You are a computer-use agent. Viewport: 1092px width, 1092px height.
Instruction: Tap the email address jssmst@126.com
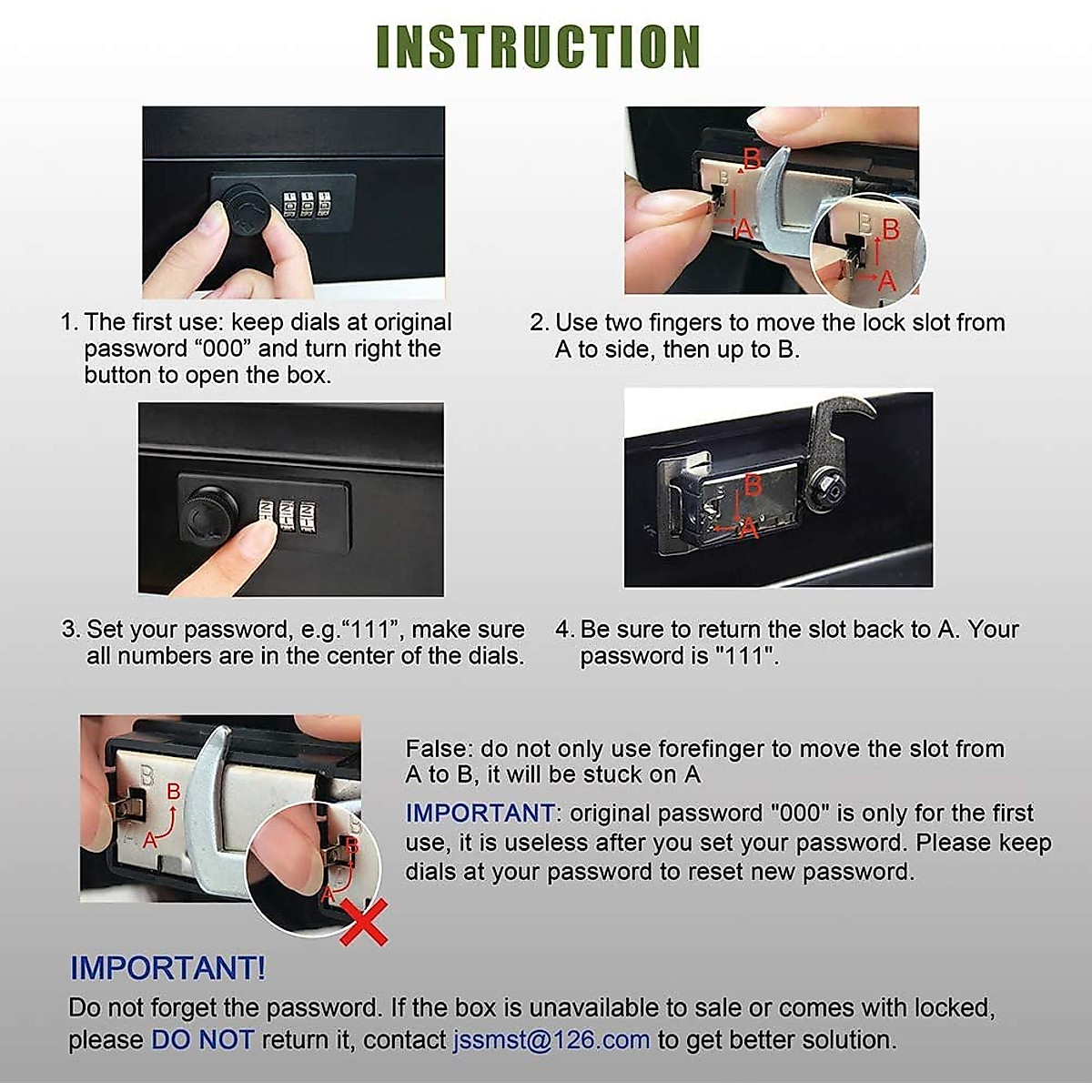point(551,1039)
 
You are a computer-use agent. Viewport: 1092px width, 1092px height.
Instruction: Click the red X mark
point(364,922)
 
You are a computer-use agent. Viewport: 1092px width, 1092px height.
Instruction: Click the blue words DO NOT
point(202,1039)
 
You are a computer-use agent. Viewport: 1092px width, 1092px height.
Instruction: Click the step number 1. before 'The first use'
point(69,322)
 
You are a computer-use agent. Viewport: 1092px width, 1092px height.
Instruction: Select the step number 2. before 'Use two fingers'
point(539,322)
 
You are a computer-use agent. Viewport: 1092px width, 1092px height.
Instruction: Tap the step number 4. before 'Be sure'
point(565,630)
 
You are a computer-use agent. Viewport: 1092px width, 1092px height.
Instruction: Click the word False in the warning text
point(439,749)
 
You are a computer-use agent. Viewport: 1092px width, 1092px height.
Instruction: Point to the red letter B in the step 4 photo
point(752,486)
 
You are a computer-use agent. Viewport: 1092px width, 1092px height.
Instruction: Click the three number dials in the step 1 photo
point(308,205)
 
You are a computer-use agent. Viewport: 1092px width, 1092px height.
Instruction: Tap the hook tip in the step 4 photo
point(872,409)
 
